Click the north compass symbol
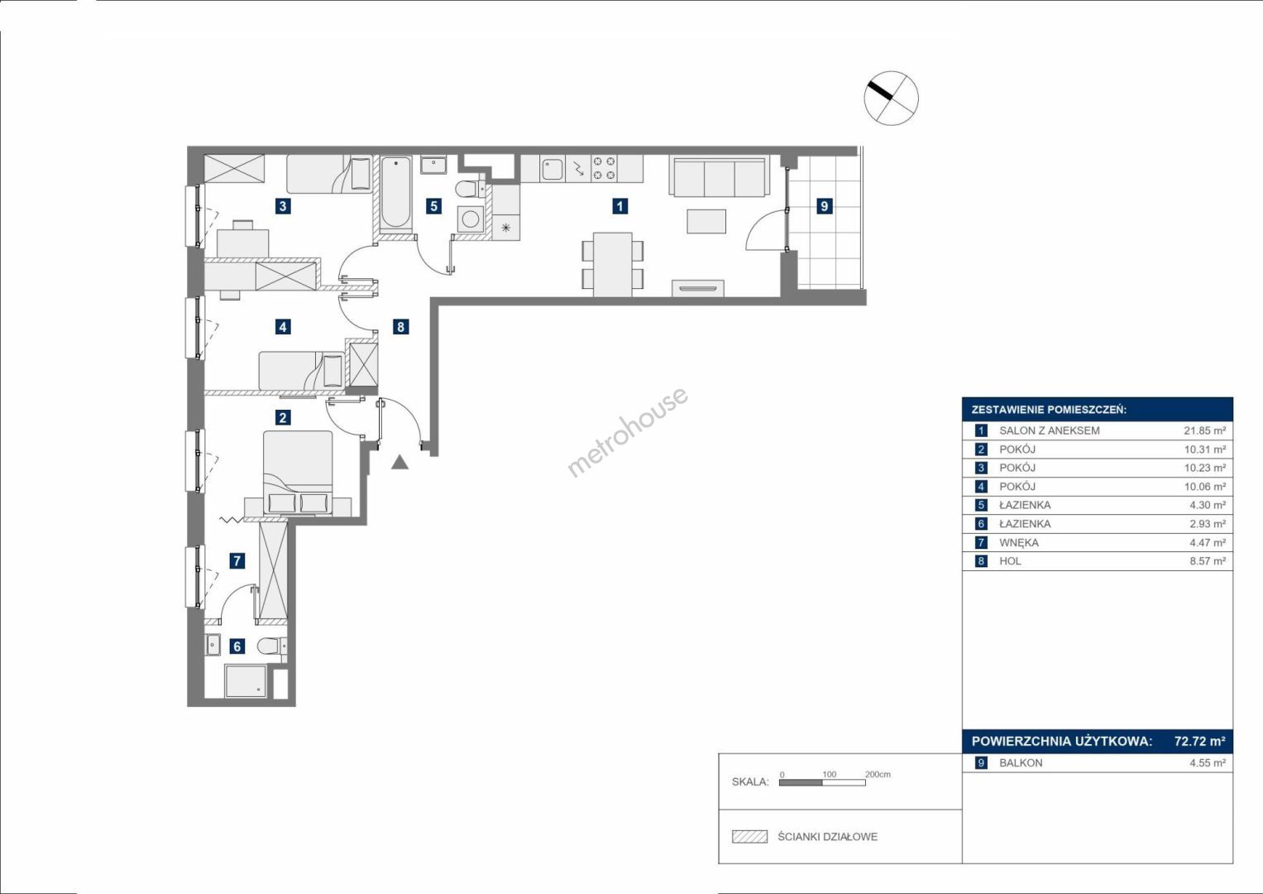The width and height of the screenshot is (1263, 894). pyautogui.click(x=891, y=98)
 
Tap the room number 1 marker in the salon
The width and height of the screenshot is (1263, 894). pyautogui.click(x=620, y=206)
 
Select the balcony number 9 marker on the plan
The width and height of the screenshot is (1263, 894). pyautogui.click(x=825, y=206)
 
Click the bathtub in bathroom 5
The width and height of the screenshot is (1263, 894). pyautogui.click(x=395, y=193)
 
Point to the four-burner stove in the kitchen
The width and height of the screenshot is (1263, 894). pyautogui.click(x=603, y=168)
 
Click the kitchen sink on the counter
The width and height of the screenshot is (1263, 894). pyautogui.click(x=553, y=169)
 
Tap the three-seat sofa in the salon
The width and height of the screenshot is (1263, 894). pyautogui.click(x=720, y=176)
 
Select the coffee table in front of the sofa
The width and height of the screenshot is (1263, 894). pyautogui.click(x=706, y=221)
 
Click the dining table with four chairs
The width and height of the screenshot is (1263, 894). pyautogui.click(x=613, y=264)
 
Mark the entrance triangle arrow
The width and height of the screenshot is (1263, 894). pyautogui.click(x=399, y=462)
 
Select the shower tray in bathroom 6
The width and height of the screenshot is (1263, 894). pyautogui.click(x=246, y=681)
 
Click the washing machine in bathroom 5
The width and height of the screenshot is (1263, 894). pyautogui.click(x=471, y=219)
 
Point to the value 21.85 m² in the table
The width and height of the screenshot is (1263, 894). pyautogui.click(x=1204, y=430)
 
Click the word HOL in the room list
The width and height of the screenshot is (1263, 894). pyautogui.click(x=1010, y=561)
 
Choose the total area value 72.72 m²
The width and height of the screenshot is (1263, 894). pyautogui.click(x=1199, y=741)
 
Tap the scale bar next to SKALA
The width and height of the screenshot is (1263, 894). pyautogui.click(x=822, y=782)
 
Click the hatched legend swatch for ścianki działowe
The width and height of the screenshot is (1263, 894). pyautogui.click(x=749, y=836)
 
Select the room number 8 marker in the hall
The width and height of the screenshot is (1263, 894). pyautogui.click(x=400, y=326)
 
